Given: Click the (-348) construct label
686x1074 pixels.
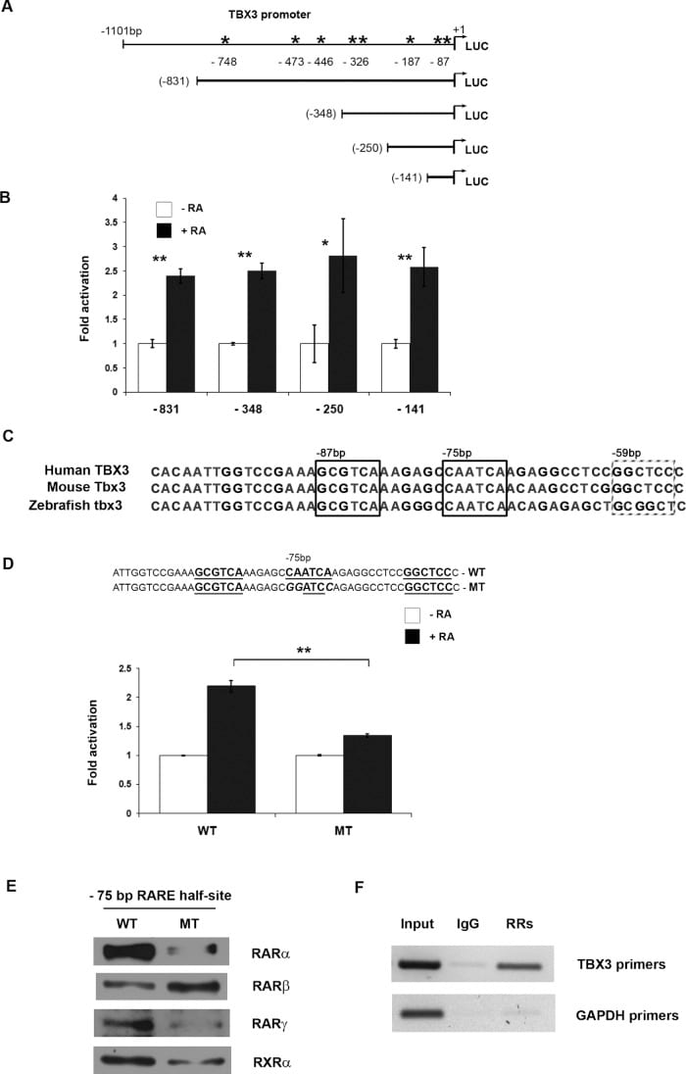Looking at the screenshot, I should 320,114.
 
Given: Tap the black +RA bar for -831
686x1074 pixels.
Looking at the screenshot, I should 180,334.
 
